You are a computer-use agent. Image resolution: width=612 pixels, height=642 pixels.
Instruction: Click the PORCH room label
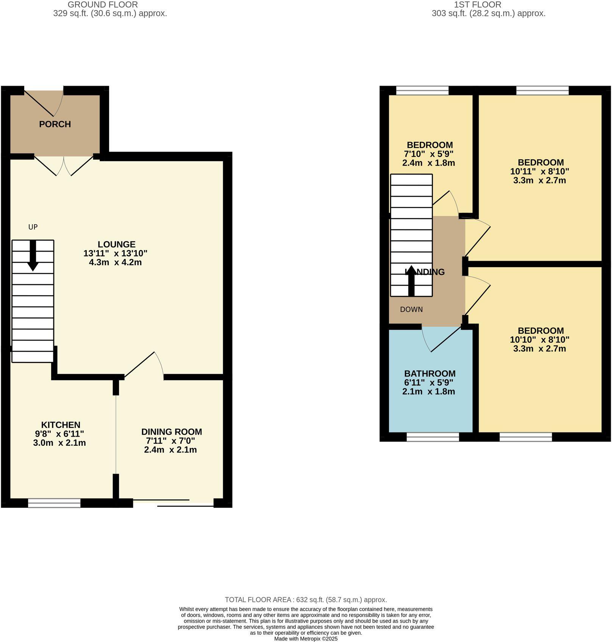pyautogui.click(x=55, y=124)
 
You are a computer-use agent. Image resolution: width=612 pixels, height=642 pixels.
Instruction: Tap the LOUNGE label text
pyautogui.click(x=116, y=244)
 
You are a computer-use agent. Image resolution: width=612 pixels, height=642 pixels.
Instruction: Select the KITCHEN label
pyautogui.click(x=61, y=425)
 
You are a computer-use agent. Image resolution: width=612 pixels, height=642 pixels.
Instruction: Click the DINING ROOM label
pyautogui.click(x=172, y=432)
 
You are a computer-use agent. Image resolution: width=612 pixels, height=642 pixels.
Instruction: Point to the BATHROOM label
pyautogui.click(x=429, y=373)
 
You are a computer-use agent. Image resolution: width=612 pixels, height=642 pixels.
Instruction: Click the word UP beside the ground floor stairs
pyautogui.click(x=33, y=227)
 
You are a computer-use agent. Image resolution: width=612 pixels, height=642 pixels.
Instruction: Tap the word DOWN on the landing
pyautogui.click(x=411, y=309)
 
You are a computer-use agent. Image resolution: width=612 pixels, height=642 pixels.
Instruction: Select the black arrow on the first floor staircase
pyautogui.click(x=411, y=280)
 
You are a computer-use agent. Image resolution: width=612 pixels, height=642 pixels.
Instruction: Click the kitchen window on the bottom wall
pyautogui.click(x=54, y=503)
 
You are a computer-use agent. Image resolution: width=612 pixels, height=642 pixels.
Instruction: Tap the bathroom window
pyautogui.click(x=432, y=437)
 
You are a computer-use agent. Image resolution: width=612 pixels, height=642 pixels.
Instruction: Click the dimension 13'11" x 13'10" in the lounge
pyautogui.click(x=115, y=253)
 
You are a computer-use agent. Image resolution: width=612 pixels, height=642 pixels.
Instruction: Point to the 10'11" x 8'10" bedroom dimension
pyautogui.click(x=539, y=171)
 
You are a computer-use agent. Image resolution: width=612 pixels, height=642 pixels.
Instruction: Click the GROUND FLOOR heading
pyautogui.click(x=103, y=5)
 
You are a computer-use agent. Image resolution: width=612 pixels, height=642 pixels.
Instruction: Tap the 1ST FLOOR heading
pyautogui.click(x=477, y=5)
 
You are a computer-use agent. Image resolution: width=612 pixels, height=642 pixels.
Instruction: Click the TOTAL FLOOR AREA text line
pyautogui.click(x=306, y=600)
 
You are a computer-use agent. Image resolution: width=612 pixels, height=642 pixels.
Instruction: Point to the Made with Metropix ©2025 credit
pyautogui.click(x=306, y=639)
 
